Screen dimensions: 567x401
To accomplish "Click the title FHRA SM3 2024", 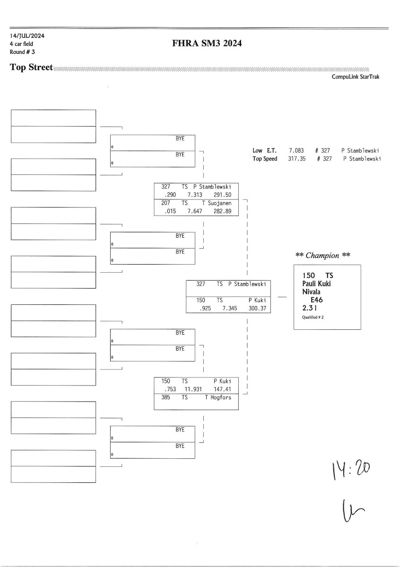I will click(x=208, y=44).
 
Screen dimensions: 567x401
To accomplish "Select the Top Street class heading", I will click(x=31, y=67).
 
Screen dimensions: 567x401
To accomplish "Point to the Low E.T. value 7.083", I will click(x=296, y=151).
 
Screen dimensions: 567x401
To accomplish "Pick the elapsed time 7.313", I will click(x=195, y=195).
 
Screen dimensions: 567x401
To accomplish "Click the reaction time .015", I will click(x=169, y=211).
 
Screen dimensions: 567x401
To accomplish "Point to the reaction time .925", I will click(x=204, y=308).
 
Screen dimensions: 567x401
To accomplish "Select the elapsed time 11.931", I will click(x=193, y=389).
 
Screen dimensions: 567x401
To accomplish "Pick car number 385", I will click(x=166, y=398).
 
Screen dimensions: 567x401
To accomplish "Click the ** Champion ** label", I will click(x=323, y=256).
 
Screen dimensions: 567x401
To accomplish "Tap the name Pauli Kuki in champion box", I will click(x=316, y=283).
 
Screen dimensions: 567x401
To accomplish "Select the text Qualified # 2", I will click(x=313, y=318).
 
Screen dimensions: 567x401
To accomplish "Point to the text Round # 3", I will click(x=22, y=52).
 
